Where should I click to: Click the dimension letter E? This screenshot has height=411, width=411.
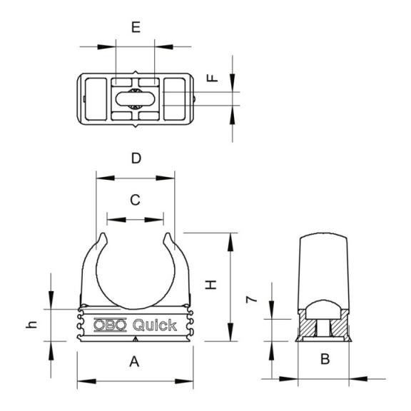(x=136, y=27)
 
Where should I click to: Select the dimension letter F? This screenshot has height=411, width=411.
(x=213, y=78)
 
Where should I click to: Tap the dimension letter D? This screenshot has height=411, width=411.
(x=136, y=158)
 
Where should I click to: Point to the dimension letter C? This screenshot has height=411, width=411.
(x=136, y=200)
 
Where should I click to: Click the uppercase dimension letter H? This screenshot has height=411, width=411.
(x=210, y=285)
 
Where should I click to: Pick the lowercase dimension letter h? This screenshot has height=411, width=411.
(x=31, y=325)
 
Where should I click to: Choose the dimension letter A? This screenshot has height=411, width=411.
(x=134, y=362)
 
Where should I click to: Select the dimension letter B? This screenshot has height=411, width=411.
(x=325, y=359)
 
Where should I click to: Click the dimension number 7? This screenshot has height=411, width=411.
(x=252, y=300)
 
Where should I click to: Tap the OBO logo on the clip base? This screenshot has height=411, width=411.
(x=110, y=325)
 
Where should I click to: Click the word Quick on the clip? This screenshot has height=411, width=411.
(x=155, y=325)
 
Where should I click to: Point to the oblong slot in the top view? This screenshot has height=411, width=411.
(x=136, y=98)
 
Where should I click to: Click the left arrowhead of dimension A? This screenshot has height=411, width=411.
(x=87, y=381)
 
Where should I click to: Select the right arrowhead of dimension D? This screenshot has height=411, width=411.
(x=165, y=178)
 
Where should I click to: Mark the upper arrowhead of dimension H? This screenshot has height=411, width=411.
(x=230, y=242)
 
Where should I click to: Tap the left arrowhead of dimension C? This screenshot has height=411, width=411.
(x=116, y=220)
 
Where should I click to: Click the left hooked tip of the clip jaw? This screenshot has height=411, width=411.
(x=103, y=236)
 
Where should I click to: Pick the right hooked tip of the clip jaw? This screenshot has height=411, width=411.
(x=168, y=236)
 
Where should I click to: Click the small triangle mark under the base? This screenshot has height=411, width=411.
(x=136, y=339)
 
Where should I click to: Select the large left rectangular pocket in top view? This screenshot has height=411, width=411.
(x=96, y=99)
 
